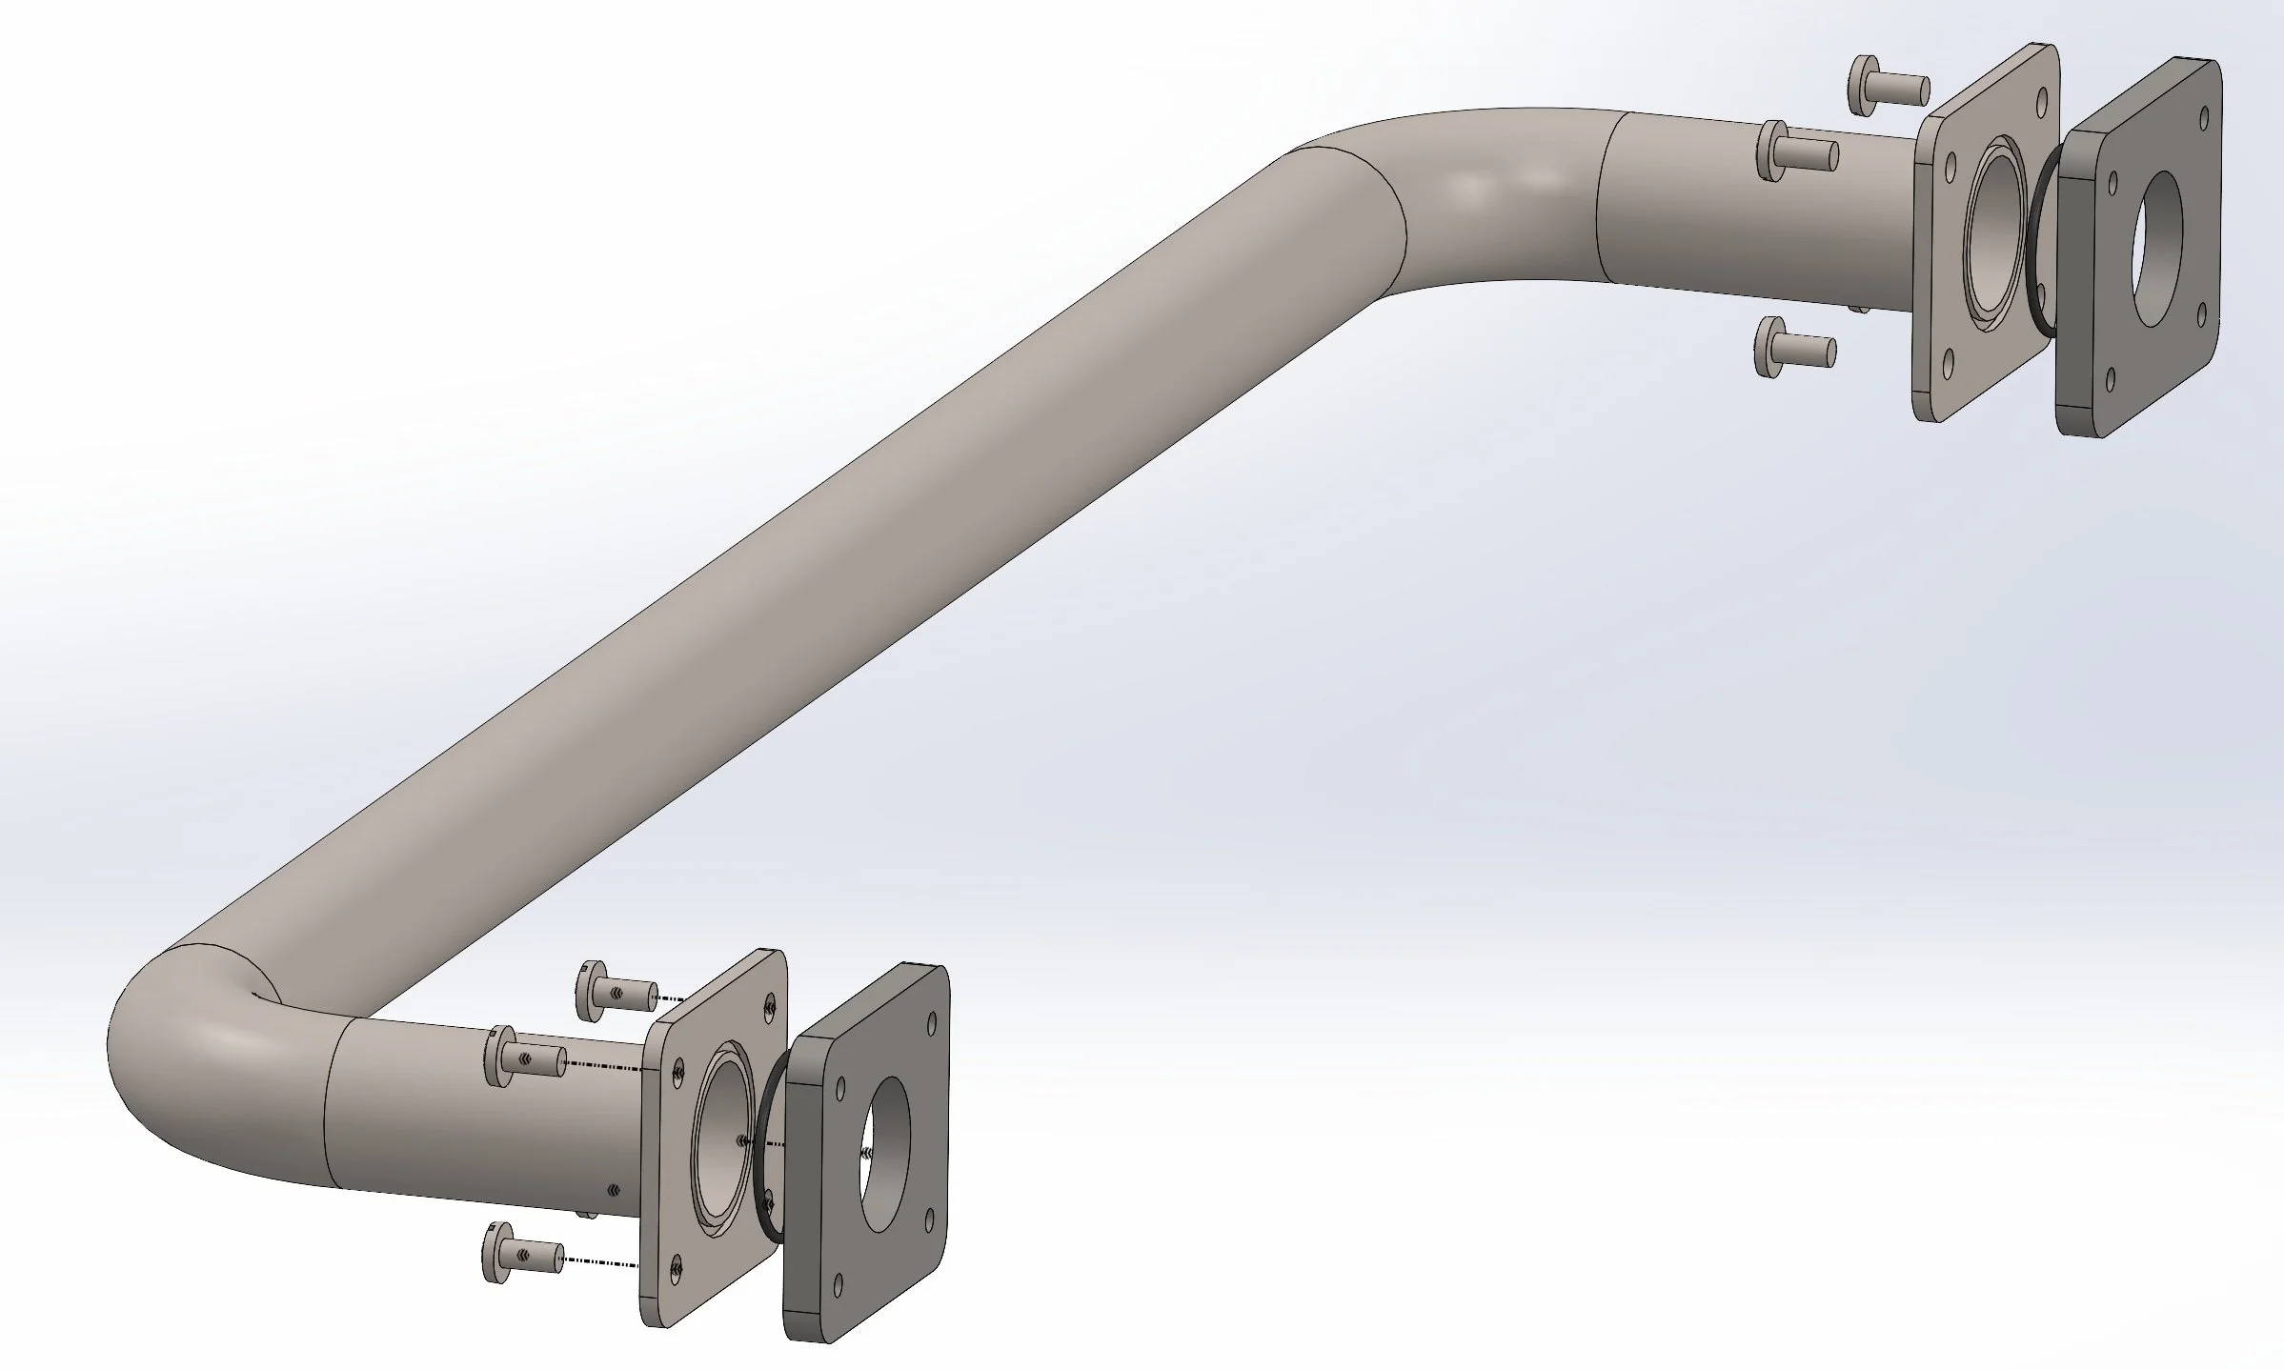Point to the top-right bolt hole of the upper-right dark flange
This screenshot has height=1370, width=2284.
click(x=2203, y=143)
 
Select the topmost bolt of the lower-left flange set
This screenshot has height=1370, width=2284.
click(x=616, y=990)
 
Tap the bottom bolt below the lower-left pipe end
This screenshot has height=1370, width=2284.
click(x=523, y=1251)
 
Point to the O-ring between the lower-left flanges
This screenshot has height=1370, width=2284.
click(x=767, y=1147)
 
